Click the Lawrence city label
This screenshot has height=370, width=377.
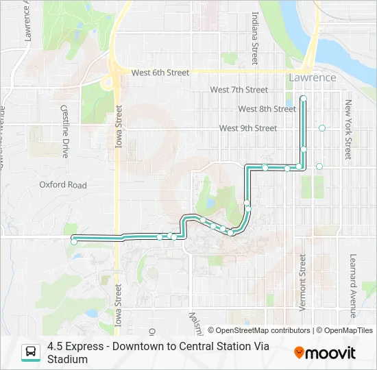(312, 77)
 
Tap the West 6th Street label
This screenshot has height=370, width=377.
(160, 73)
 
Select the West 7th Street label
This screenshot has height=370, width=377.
(239, 90)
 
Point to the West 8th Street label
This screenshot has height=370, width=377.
(267, 109)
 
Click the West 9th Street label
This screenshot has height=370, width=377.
(247, 128)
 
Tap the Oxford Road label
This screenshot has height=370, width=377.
(63, 185)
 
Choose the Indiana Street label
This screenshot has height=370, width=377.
(254, 38)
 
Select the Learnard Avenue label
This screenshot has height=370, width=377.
(353, 286)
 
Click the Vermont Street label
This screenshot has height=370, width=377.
(302, 282)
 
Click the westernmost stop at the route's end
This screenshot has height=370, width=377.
(74, 241)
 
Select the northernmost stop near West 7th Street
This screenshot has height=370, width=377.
(303, 99)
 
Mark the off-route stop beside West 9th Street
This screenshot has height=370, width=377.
(321, 128)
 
